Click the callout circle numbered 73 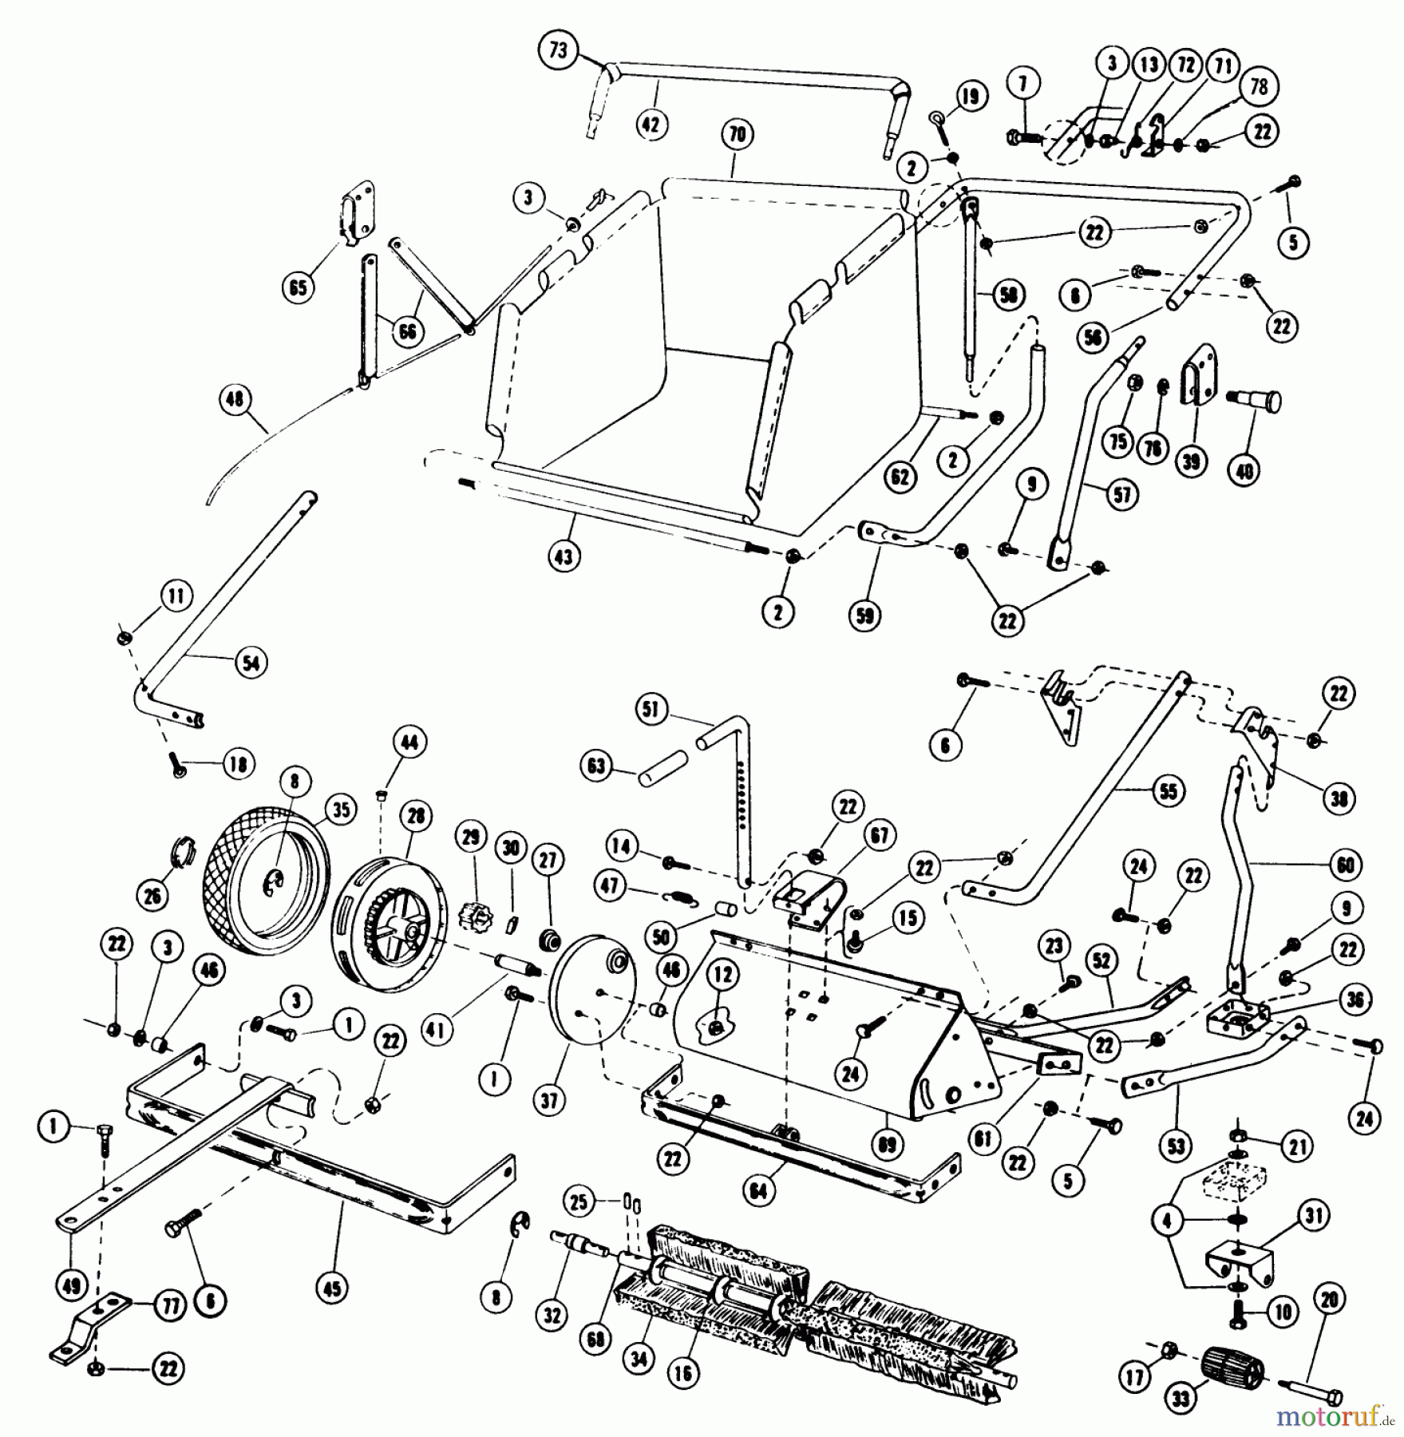pos(558,50)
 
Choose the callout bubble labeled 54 pos(251,663)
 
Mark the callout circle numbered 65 pos(298,287)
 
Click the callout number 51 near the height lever pos(652,710)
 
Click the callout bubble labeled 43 pos(564,556)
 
